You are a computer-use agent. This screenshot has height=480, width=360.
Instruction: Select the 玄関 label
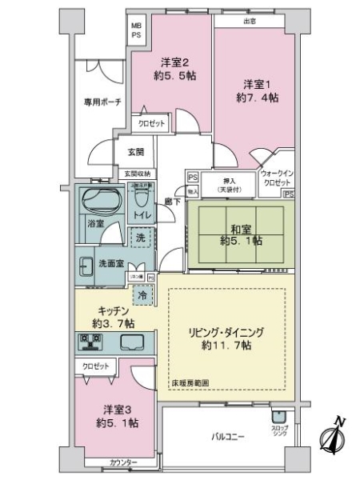(134, 153)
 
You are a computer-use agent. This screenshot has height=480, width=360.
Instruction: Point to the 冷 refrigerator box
(143, 295)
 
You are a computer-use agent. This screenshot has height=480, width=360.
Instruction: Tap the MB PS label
(136, 29)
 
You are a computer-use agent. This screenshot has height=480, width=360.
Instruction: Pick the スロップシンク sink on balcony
(279, 416)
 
